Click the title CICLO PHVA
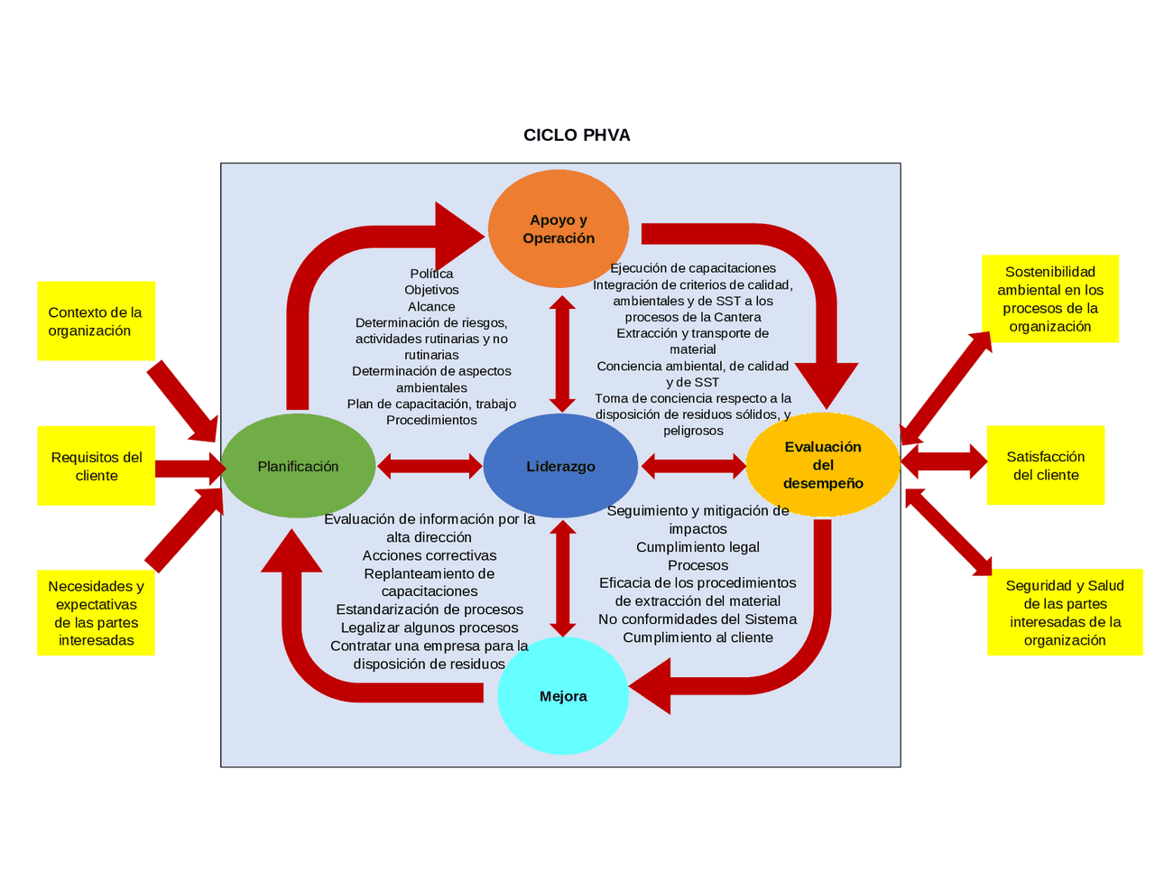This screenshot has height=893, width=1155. [x=577, y=135]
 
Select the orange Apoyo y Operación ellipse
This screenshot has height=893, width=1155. [x=559, y=228]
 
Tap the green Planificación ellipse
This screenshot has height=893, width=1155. [x=298, y=466]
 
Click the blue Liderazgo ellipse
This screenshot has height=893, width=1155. [x=560, y=466]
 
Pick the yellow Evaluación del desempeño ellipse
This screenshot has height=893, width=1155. [x=823, y=465]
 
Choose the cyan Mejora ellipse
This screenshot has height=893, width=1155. [x=563, y=696]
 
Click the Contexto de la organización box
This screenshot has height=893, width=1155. [x=96, y=321]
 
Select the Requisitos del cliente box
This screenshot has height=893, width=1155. [x=97, y=466]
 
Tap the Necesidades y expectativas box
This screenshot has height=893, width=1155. [x=96, y=613]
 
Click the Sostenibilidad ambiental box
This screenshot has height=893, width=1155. [x=1049, y=299]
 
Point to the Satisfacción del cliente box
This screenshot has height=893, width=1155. [x=1045, y=466]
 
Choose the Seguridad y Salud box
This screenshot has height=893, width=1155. [x=1065, y=612]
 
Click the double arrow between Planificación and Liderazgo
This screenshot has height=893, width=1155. [x=430, y=466]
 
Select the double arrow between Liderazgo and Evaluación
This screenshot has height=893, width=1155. [x=693, y=466]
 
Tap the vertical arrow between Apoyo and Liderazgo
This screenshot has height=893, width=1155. [x=563, y=354]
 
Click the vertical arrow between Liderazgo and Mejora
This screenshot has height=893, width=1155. [x=563, y=579]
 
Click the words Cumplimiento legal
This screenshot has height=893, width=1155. [x=698, y=547]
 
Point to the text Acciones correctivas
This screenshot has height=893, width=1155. [x=430, y=555]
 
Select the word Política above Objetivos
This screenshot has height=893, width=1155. [x=431, y=274]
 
